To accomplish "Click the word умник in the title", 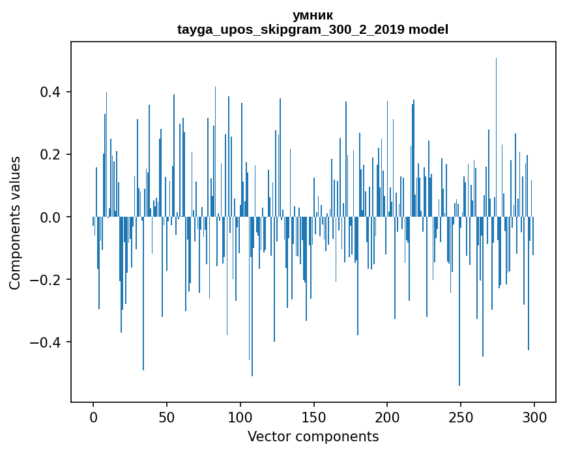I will [313, 16].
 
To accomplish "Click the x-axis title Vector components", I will [313, 436].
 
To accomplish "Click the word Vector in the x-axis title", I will [267, 436].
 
